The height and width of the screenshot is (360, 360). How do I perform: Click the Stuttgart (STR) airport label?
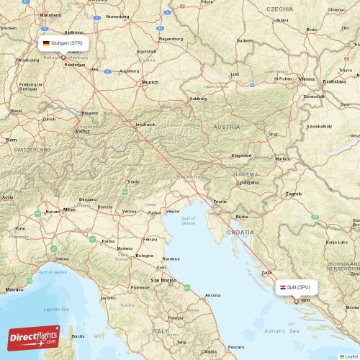[x=63, y=43]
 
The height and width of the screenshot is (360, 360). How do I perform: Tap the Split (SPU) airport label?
[x=296, y=287]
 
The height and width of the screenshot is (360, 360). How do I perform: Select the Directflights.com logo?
[x=33, y=337]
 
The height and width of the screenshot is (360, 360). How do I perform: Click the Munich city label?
[x=150, y=82]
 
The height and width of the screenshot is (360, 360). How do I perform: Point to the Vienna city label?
[x=307, y=78]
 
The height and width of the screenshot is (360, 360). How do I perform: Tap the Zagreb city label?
[x=293, y=194]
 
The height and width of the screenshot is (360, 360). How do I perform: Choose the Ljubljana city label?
[x=248, y=182]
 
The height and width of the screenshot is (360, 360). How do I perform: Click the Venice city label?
[x=173, y=211]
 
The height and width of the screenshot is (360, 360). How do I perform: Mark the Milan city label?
[x=69, y=209]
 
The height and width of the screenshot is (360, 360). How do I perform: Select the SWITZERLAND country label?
[x=32, y=149]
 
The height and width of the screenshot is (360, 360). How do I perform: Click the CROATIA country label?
[x=240, y=232]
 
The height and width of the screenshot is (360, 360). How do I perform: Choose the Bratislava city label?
[x=335, y=82]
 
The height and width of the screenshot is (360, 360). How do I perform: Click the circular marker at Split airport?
[x=295, y=302]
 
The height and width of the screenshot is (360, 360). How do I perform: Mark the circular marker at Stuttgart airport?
[x=63, y=58]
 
